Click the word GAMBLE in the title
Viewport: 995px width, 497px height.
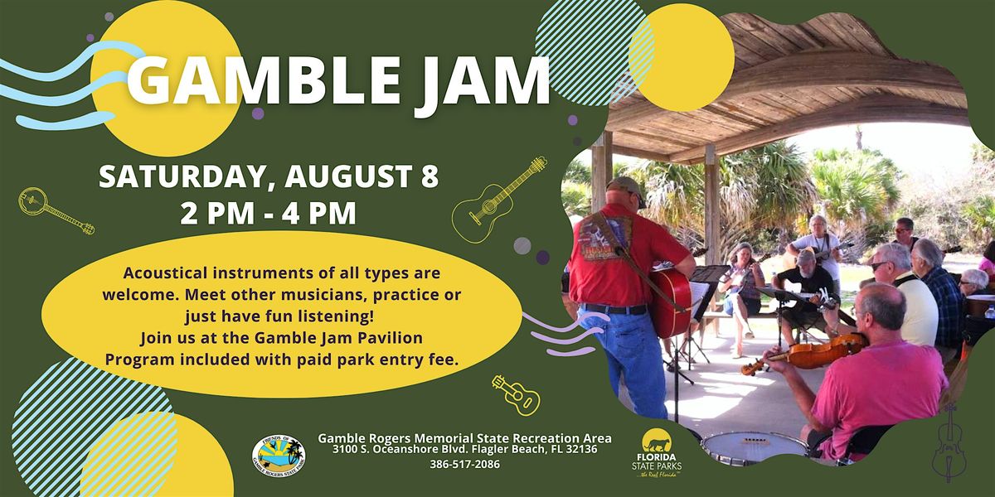(x=264, y=81)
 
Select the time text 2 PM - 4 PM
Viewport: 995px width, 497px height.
(x=269, y=214)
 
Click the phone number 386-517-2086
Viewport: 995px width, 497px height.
(x=464, y=464)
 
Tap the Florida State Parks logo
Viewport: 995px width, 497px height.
(x=657, y=452)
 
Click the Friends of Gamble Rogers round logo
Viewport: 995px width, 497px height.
(x=279, y=456)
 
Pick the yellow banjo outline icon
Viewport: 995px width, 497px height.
(x=56, y=210)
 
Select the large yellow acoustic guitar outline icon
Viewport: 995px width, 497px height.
(x=499, y=200)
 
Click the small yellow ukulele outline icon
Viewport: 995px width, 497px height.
(x=516, y=394)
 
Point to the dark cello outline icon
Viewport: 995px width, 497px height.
(x=949, y=444)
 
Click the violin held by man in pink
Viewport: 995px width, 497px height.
(x=804, y=353)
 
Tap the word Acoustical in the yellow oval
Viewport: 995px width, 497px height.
(x=166, y=273)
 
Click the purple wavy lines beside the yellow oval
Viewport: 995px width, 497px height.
(x=566, y=333)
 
